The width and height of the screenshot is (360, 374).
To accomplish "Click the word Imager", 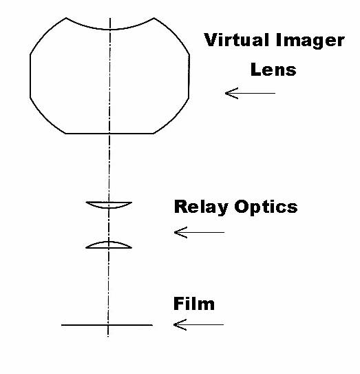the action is [310, 42].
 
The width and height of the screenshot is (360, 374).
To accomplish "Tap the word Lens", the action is [273, 70].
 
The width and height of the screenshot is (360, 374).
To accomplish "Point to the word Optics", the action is [266, 207].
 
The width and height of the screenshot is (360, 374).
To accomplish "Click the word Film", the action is [194, 304].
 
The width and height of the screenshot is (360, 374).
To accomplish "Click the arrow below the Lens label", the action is [250, 93].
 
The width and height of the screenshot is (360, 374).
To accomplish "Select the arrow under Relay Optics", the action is [199, 232].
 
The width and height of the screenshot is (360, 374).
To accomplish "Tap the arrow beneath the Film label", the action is [198, 324].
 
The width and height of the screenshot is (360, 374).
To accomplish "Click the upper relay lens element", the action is [109, 205].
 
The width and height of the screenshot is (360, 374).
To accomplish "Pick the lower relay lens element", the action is [109, 245].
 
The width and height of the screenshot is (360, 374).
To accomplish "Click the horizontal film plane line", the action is [107, 325].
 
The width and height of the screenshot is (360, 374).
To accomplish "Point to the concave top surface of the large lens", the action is [109, 30].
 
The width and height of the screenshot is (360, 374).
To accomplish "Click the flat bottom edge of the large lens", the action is [109, 134].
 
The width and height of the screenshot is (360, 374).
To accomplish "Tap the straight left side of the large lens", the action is [30, 76].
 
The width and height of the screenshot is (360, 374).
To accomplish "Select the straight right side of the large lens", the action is [189, 76].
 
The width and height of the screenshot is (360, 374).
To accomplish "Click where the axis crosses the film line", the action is [108, 325].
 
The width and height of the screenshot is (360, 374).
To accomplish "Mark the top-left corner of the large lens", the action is [66, 18].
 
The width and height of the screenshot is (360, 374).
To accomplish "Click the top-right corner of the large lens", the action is [153, 18].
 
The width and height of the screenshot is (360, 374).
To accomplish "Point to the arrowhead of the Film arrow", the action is [174, 324].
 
